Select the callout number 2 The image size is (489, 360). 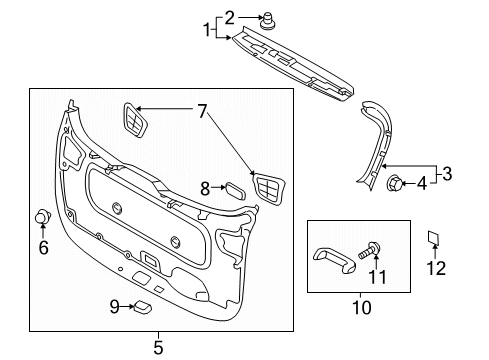[229, 16]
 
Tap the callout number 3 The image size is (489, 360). [447, 173]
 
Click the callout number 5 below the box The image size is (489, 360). [157, 348]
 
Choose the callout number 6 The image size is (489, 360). [43, 247]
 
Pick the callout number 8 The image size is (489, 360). [204, 187]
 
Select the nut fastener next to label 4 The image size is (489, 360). [397, 183]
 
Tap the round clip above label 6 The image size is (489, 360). [43, 217]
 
